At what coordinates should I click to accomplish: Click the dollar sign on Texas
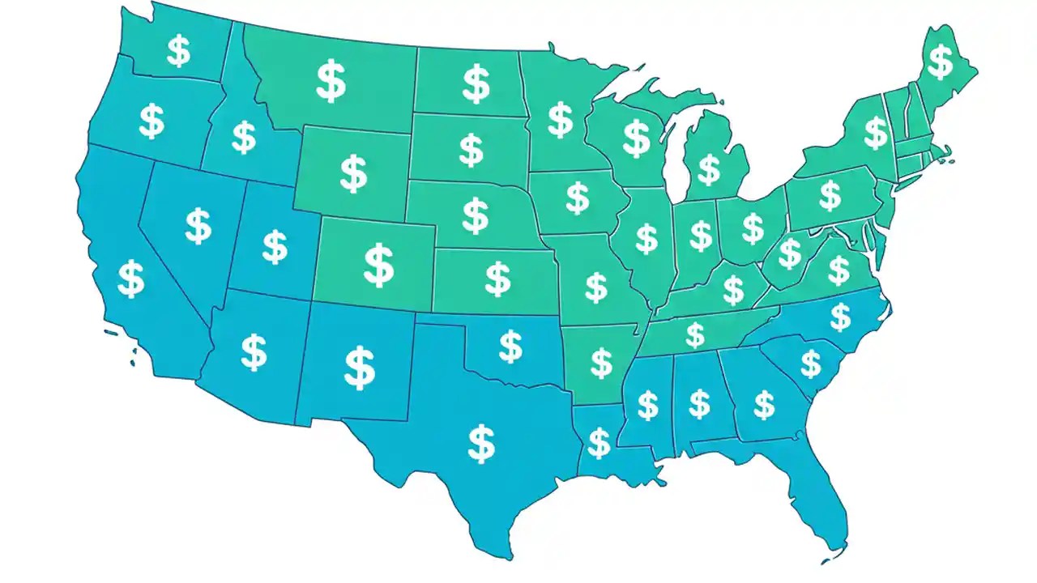click(x=481, y=443)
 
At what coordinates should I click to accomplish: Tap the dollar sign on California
click(x=130, y=279)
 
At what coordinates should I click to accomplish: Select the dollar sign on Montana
click(x=331, y=81)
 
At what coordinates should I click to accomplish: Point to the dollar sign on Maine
click(x=940, y=62)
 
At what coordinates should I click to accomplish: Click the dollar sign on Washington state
click(x=178, y=50)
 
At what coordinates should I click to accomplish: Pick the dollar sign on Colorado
click(x=378, y=266)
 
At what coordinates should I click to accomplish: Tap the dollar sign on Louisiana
click(x=599, y=443)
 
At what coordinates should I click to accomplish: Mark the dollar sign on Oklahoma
click(x=510, y=347)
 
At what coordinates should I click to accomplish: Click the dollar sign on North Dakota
click(x=476, y=83)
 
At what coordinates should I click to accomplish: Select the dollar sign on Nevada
click(x=198, y=226)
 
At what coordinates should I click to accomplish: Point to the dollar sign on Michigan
click(x=709, y=170)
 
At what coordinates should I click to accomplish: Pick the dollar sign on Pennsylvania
click(x=830, y=195)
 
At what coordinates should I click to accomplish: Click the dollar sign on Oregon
click(x=151, y=121)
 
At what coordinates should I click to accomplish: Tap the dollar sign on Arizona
click(x=254, y=352)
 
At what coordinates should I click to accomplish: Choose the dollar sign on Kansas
click(x=497, y=279)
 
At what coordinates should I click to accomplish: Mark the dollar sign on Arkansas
click(x=601, y=363)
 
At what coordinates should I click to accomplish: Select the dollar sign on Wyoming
click(x=353, y=174)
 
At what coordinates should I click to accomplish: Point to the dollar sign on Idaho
click(x=243, y=137)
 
